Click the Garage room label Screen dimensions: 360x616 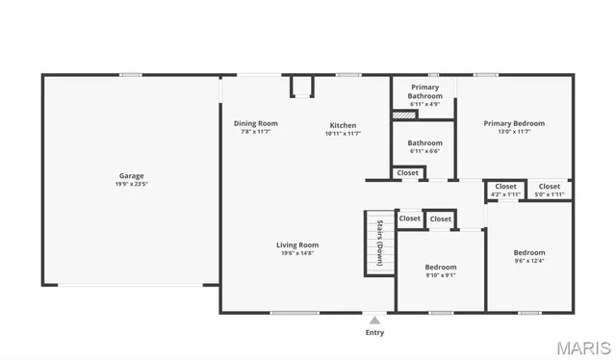132,176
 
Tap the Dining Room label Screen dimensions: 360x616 256,123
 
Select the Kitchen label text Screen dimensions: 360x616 343,125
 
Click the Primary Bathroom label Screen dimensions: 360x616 424,91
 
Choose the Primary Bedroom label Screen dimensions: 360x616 514,123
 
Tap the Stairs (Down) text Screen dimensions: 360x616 380,243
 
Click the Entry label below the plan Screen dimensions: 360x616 374,333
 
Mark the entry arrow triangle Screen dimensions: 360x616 374,320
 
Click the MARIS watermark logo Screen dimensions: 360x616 582,347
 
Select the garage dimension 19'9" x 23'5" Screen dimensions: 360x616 132,184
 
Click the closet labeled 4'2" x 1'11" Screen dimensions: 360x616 505,194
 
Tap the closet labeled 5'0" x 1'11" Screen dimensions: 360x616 550,194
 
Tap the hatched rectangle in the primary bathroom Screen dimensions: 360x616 404,116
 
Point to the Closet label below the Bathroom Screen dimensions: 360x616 408,173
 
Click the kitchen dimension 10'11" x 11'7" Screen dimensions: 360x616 343,134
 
